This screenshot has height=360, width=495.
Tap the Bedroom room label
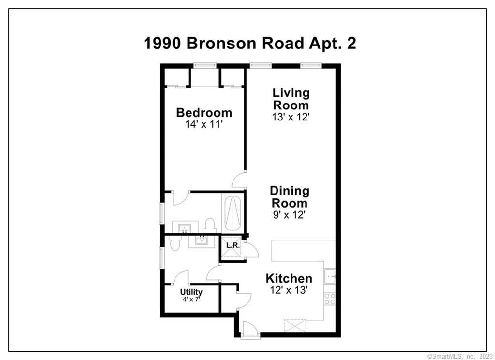tap(204, 113)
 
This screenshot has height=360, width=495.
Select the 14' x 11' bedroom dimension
tap(204, 124)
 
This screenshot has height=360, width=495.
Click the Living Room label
tap(291, 99)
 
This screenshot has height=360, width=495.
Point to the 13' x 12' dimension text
tap(291, 117)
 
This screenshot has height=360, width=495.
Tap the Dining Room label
tap(290, 197)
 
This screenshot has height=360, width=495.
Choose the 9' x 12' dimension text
tap(290, 215)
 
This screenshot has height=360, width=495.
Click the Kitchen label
tap(289, 279)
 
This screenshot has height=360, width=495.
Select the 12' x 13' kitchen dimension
tap(289, 290)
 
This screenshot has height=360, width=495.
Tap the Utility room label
tap(191, 292)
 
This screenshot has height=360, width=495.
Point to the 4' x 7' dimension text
tap(191, 300)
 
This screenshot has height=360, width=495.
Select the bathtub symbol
tap(233, 212)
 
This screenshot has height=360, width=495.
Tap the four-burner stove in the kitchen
tap(330, 299)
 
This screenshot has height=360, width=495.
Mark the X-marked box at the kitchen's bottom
tap(295, 325)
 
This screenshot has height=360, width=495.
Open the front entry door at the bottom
tap(250, 330)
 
